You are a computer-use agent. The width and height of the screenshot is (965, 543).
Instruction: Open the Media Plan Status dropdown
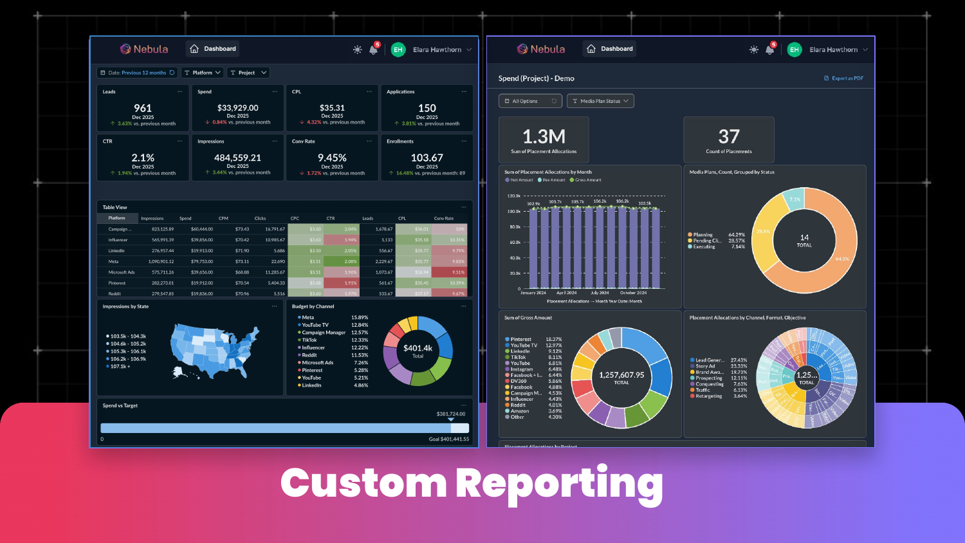[x=600, y=101]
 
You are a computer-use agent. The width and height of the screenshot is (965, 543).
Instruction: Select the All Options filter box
[x=530, y=101]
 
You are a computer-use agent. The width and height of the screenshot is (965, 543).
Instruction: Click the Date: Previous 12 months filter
[x=137, y=73]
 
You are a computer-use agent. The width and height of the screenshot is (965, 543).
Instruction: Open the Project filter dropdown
[x=248, y=73]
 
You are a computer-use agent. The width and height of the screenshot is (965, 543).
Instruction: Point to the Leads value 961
[x=143, y=108]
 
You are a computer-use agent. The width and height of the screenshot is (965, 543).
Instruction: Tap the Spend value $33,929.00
[x=237, y=108]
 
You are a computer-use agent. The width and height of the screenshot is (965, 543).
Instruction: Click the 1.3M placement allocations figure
[x=544, y=136]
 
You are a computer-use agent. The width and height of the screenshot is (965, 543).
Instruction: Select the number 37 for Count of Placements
[x=728, y=136]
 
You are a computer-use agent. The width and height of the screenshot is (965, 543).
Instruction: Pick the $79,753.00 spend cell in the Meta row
[x=202, y=262]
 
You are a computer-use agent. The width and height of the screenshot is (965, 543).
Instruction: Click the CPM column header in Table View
[x=223, y=219]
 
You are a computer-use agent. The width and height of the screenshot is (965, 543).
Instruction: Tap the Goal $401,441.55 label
[x=449, y=439]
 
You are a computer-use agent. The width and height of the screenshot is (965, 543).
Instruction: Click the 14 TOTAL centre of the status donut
[x=804, y=241]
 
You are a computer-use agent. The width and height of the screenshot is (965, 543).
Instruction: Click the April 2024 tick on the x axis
[x=566, y=293]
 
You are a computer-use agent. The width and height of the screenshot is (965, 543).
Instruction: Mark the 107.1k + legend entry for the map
[x=120, y=367]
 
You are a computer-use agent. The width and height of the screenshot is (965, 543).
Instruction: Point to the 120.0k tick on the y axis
[x=514, y=196]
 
